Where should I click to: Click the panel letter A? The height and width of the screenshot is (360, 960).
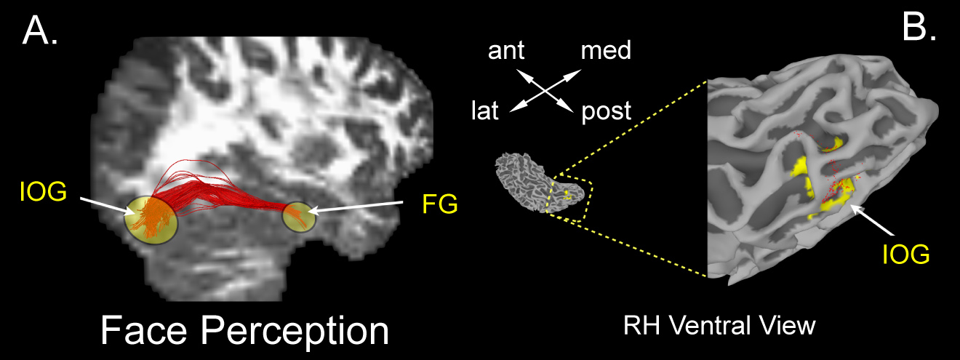click(x=40, y=31)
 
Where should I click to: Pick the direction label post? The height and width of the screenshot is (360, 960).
click(x=607, y=112)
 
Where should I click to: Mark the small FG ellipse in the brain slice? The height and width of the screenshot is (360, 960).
click(x=300, y=217)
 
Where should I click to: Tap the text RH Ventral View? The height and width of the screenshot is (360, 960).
click(x=720, y=326)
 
